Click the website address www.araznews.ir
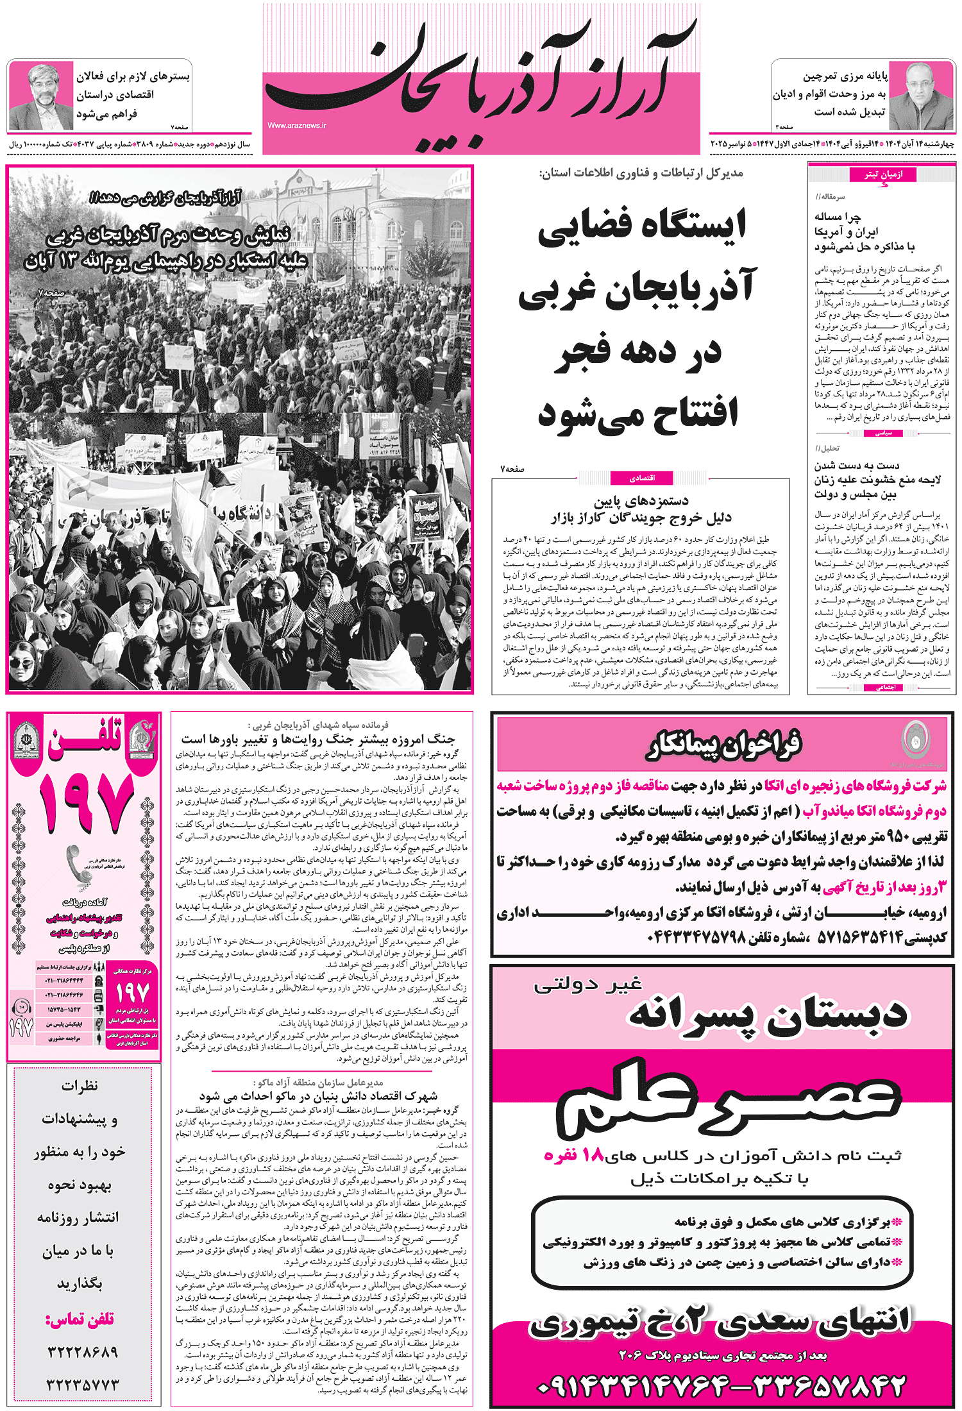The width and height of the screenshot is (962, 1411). (x=296, y=126)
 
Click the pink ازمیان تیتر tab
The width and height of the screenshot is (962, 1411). (x=882, y=174)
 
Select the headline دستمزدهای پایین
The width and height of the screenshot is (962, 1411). (x=641, y=501)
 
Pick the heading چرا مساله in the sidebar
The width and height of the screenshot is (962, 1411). (x=838, y=217)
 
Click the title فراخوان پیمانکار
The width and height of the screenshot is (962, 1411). (x=723, y=745)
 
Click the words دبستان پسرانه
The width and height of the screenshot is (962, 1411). (x=766, y=1015)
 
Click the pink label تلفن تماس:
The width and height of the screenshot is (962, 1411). (x=80, y=1319)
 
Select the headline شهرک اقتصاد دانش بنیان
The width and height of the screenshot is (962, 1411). (x=318, y=1096)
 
